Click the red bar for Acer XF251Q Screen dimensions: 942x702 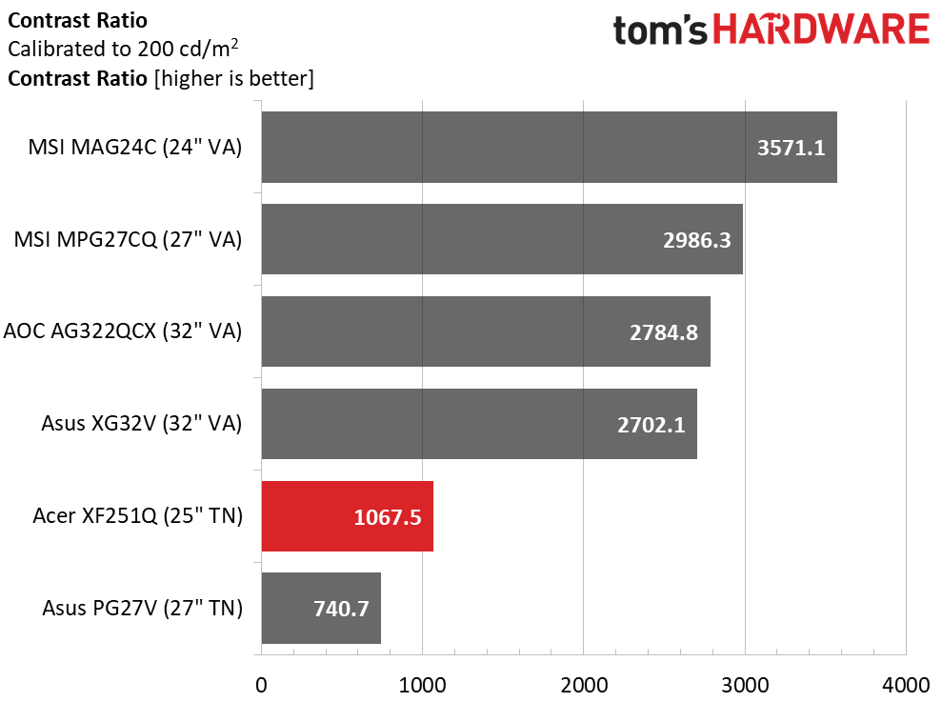point(348,516)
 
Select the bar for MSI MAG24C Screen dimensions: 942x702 point(549,148)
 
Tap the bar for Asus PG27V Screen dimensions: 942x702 point(321,609)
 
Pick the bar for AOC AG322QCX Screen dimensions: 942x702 point(486,331)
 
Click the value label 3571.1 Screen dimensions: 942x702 point(791,148)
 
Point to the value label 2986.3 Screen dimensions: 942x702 point(697,240)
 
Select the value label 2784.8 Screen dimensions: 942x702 point(664,332)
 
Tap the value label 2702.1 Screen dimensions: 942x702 point(651,425)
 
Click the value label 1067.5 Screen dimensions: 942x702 point(388,517)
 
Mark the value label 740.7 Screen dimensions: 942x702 point(341,609)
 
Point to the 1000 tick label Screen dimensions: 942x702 point(422,685)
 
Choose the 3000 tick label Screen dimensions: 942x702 point(745,685)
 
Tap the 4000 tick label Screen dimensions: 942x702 point(906,685)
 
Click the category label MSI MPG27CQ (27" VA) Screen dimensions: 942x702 point(128,240)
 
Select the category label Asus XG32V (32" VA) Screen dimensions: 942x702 point(142,424)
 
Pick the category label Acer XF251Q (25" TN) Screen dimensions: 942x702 point(137,516)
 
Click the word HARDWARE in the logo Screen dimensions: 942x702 point(821,30)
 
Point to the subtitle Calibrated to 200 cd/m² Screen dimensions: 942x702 point(123,48)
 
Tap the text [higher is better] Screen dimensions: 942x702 point(233,79)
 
